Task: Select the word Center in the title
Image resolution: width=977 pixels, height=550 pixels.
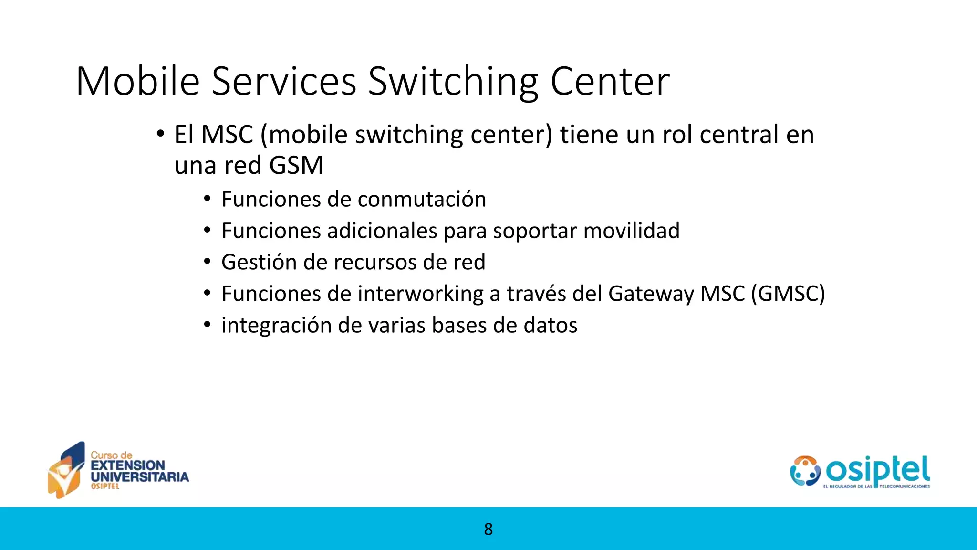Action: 610,82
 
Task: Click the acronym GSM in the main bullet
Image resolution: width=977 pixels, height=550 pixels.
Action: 296,166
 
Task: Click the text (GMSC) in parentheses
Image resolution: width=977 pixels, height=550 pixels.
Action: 788,294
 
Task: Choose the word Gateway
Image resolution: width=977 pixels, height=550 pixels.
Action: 651,294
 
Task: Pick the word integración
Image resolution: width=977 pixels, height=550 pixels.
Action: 277,326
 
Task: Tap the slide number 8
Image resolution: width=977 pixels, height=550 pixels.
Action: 488,529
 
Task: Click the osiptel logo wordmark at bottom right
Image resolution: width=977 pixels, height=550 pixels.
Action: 878,470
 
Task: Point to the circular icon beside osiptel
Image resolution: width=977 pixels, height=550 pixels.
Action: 805,471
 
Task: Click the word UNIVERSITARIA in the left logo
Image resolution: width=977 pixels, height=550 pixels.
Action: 140,476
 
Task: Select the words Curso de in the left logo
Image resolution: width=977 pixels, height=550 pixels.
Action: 111,455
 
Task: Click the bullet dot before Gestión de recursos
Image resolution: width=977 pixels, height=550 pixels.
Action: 207,262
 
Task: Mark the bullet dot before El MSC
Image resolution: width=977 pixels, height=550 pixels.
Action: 160,134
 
